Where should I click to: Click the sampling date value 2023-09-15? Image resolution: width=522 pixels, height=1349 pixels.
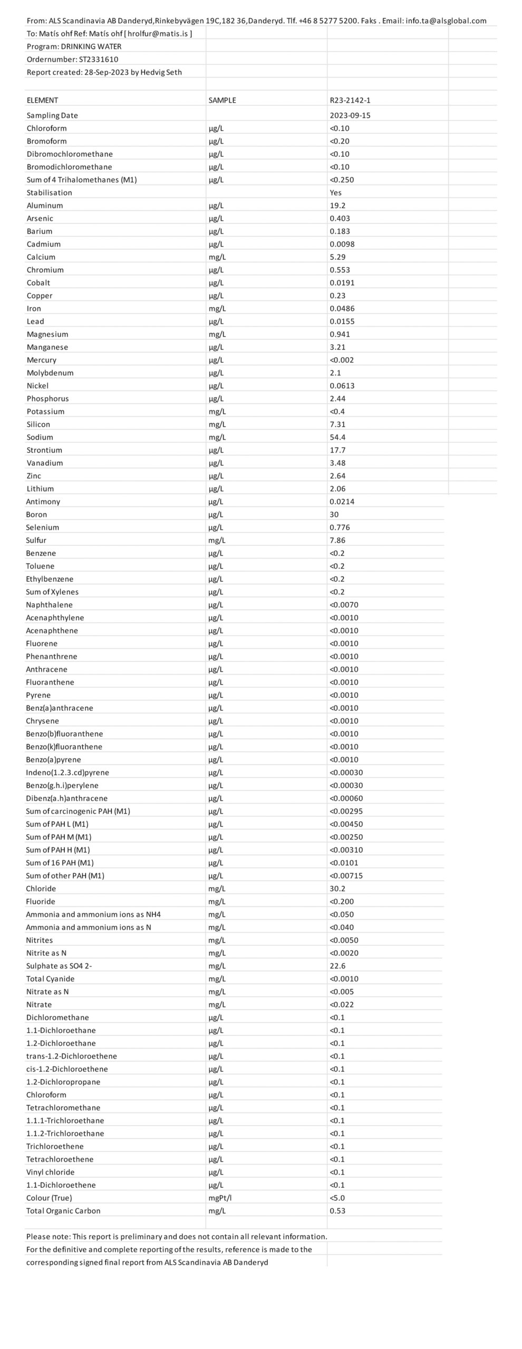(x=350, y=115)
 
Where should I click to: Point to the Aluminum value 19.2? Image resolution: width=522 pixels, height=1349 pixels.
(x=337, y=206)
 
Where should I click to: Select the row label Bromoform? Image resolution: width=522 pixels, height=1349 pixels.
(x=47, y=141)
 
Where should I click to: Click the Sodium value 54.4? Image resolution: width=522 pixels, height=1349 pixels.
(x=338, y=437)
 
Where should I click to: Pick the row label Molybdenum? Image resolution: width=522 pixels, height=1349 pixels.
(x=50, y=373)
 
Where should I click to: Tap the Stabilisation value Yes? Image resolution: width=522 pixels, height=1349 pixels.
(x=336, y=193)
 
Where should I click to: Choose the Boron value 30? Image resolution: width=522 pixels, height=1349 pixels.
(x=334, y=515)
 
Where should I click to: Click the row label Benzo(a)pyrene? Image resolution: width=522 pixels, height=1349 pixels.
(x=54, y=760)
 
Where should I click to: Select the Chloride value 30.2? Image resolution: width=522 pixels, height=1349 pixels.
(x=337, y=888)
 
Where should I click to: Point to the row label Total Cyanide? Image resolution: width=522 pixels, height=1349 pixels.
(x=51, y=979)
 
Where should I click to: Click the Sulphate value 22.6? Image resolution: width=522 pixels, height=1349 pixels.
(x=337, y=966)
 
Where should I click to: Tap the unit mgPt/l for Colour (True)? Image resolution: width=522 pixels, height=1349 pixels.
(x=220, y=1198)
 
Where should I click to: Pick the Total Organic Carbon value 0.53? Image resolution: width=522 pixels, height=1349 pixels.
(x=337, y=1210)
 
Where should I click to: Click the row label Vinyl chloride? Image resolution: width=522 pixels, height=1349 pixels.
(x=51, y=1172)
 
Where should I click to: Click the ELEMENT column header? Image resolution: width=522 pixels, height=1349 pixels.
(x=42, y=100)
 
